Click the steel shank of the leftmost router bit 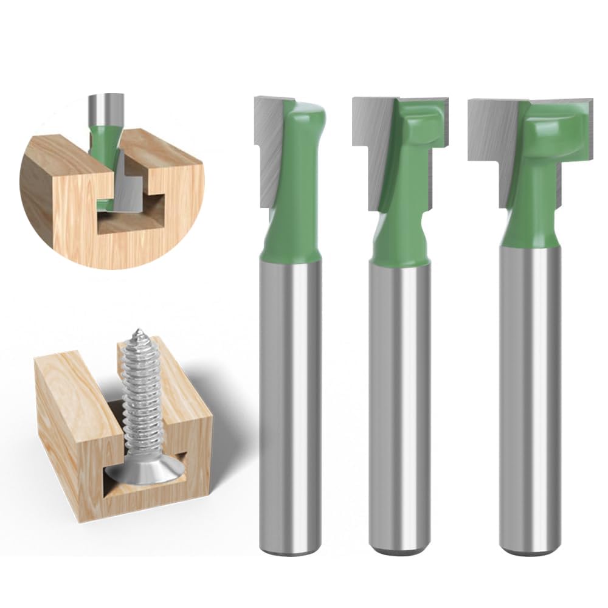pyautogui.click(x=291, y=395)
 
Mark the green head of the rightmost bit pyautogui.click(x=535, y=182)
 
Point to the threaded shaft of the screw pyautogui.click(x=139, y=401)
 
